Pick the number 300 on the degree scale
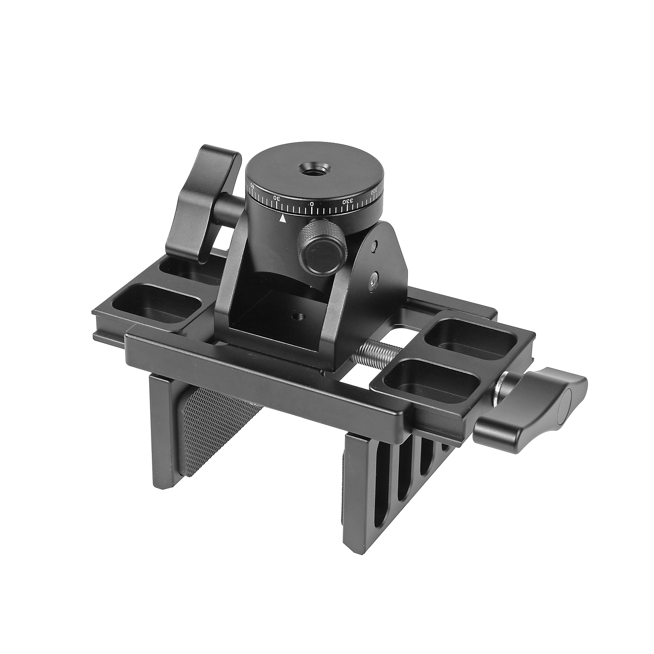(x=374, y=192)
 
